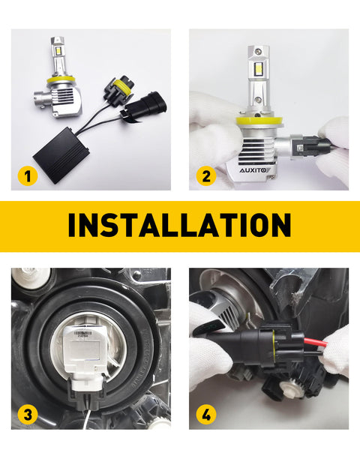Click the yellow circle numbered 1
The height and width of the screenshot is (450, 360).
(28, 178)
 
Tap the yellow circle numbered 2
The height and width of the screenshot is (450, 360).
(206, 178)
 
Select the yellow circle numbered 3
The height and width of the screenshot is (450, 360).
(28, 413)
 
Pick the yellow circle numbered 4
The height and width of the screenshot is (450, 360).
(206, 413)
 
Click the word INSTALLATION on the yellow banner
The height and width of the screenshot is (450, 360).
(179, 225)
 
